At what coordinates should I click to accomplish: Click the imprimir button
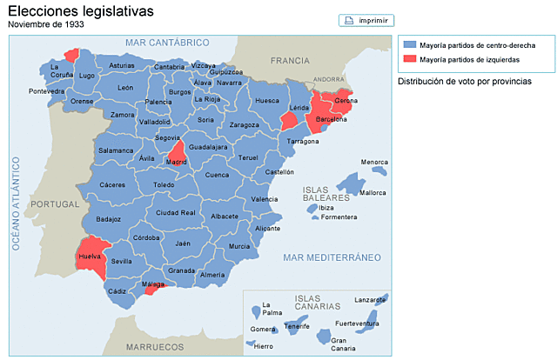366,20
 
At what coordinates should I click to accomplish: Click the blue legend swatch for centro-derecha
409,44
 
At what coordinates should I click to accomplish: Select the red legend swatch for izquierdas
409,59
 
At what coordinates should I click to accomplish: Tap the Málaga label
152,284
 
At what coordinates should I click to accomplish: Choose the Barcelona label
332,119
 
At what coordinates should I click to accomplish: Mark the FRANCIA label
290,60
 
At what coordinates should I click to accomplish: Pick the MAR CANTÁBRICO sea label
167,42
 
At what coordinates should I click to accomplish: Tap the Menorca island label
374,163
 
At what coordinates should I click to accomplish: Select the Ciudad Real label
175,212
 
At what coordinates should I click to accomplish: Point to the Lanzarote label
371,300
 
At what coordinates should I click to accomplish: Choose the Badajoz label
109,219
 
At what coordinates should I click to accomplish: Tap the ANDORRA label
329,78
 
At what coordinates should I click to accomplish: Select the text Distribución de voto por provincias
464,82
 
